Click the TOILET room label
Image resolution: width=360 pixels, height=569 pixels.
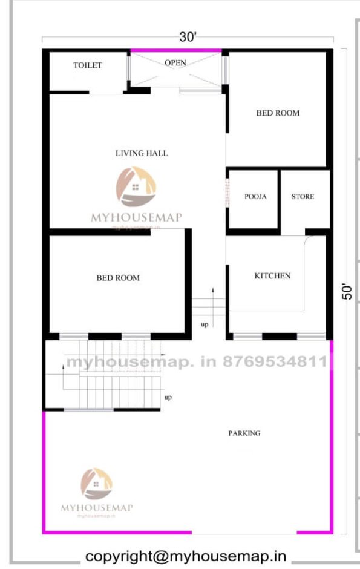(88, 65)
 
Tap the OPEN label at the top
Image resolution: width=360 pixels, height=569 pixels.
(175, 62)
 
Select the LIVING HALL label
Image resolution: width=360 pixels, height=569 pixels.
(142, 153)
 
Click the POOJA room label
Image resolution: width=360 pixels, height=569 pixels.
(255, 197)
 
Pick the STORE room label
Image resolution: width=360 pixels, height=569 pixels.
(303, 197)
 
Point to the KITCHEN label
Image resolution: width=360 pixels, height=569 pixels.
(272, 276)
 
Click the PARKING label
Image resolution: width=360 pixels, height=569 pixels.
(244, 433)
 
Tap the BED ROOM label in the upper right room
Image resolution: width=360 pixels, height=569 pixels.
(278, 113)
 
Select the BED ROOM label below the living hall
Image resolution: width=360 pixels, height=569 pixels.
(118, 278)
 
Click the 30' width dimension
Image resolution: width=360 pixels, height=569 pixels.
(188, 37)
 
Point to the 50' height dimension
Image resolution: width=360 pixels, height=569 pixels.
(347, 291)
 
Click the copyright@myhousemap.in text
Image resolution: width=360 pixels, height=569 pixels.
(186, 556)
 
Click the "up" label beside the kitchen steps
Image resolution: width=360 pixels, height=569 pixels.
(205, 325)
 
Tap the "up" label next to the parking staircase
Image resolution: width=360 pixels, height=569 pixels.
(168, 398)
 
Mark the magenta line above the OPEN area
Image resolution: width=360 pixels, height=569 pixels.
(176, 50)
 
